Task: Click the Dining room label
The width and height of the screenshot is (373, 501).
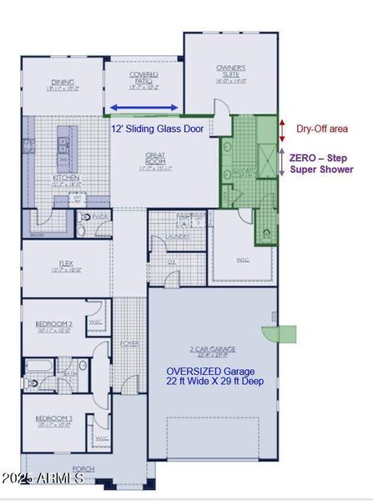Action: [x=63, y=83]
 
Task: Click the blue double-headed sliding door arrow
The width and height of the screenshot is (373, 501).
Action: [x=144, y=107]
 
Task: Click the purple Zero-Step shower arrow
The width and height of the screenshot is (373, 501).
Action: [x=283, y=160]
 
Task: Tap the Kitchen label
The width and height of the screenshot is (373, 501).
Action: [x=65, y=180]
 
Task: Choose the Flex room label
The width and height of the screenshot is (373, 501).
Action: [x=63, y=266]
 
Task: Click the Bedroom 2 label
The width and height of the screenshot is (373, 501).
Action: [x=53, y=326]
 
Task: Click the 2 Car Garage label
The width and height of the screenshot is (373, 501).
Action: [x=212, y=349]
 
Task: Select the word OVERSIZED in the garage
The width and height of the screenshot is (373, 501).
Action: [x=196, y=372]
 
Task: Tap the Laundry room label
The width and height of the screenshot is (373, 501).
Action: [x=178, y=236]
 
